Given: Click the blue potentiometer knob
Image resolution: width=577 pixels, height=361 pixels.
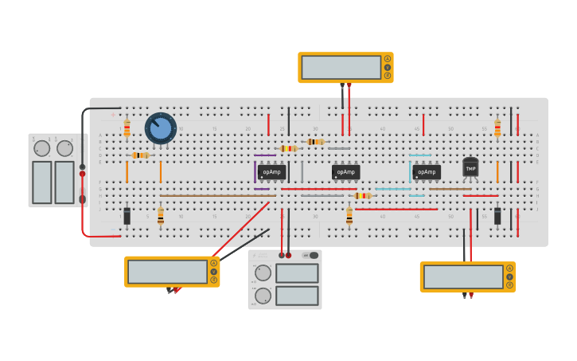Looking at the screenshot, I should click(x=160, y=128).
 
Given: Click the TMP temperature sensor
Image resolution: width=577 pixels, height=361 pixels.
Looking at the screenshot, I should click(x=470, y=167).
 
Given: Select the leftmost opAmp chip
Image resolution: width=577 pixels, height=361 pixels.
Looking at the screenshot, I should click(x=271, y=171).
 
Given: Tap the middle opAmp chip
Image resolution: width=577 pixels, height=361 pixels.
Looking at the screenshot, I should click(x=345, y=171).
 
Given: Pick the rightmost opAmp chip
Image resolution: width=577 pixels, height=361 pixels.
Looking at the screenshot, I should click(x=427, y=171).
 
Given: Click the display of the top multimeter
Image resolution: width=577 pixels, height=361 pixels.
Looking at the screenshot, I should click(x=341, y=67).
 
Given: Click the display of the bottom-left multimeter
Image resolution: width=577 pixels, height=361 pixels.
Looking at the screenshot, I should click(x=167, y=272).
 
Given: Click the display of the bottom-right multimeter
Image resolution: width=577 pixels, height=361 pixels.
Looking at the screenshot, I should click(x=463, y=277).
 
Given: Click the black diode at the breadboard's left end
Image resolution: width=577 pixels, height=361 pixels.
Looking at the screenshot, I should click(x=127, y=215).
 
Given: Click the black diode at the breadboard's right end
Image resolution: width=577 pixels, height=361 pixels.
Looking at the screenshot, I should click(x=497, y=215).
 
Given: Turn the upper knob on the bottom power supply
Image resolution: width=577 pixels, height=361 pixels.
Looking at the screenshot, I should click(x=263, y=273).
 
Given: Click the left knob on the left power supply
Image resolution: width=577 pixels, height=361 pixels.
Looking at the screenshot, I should click(x=41, y=148).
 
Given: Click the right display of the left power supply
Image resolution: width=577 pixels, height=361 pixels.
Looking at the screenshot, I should click(x=64, y=182).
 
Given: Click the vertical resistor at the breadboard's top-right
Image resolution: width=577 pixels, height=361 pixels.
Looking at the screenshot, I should click(x=497, y=128).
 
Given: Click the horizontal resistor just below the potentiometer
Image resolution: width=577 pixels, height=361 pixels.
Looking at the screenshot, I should click(x=140, y=155).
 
